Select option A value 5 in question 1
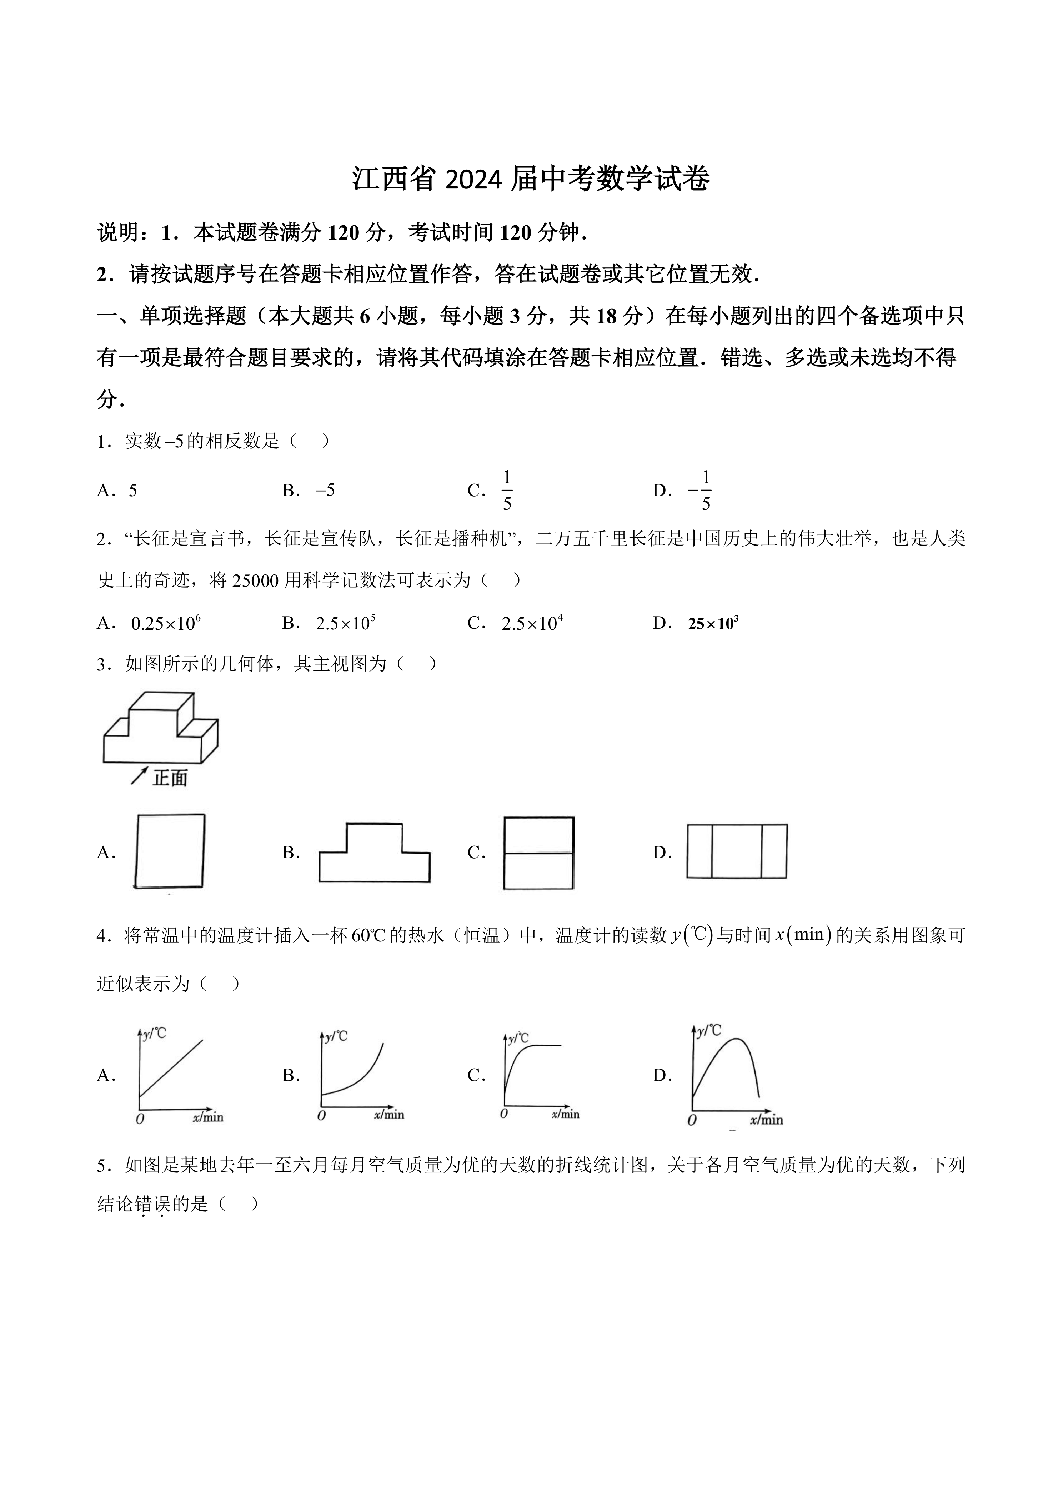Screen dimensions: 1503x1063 click(133, 491)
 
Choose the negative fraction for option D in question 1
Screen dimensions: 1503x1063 click(700, 490)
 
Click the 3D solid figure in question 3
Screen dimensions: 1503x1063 click(160, 728)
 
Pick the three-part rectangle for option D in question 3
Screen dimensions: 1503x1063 click(736, 851)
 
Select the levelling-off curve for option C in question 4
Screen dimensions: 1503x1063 click(533, 1074)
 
